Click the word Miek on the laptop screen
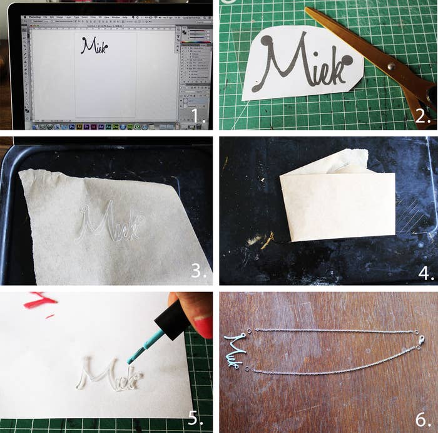[x=94, y=45]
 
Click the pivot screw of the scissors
[x=390, y=65]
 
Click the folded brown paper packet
[x=337, y=204]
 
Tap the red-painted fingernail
[x=203, y=326]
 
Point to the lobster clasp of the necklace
[x=420, y=340]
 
